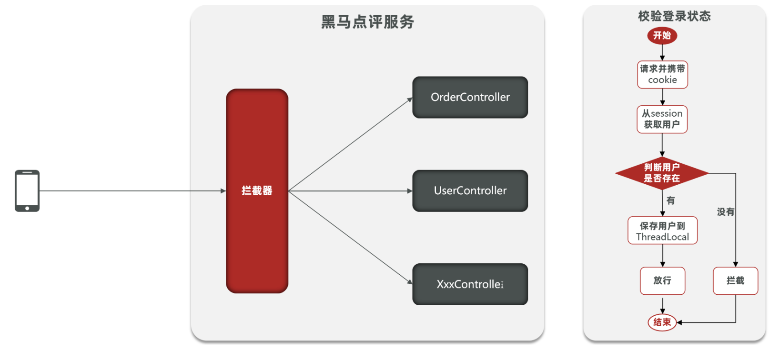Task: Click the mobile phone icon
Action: tap(27, 190)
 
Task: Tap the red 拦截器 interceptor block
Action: tap(257, 190)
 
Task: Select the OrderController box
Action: tap(470, 97)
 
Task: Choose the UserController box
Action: tap(470, 190)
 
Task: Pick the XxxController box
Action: tap(470, 284)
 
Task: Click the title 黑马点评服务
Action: tap(367, 22)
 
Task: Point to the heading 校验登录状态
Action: tap(674, 16)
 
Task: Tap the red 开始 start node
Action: tap(662, 36)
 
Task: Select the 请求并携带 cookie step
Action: tap(662, 74)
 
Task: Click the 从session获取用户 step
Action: tap(662, 119)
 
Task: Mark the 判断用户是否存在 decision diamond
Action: tap(662, 173)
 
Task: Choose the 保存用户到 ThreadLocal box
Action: tap(662, 231)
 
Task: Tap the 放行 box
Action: tap(662, 280)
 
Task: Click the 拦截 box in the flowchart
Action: tap(735, 280)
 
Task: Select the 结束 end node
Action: tap(662, 322)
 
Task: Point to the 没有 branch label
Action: tap(725, 212)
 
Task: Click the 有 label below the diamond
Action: tap(670, 200)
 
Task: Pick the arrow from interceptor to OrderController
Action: tap(350, 144)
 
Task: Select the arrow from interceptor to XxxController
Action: tap(350, 238)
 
